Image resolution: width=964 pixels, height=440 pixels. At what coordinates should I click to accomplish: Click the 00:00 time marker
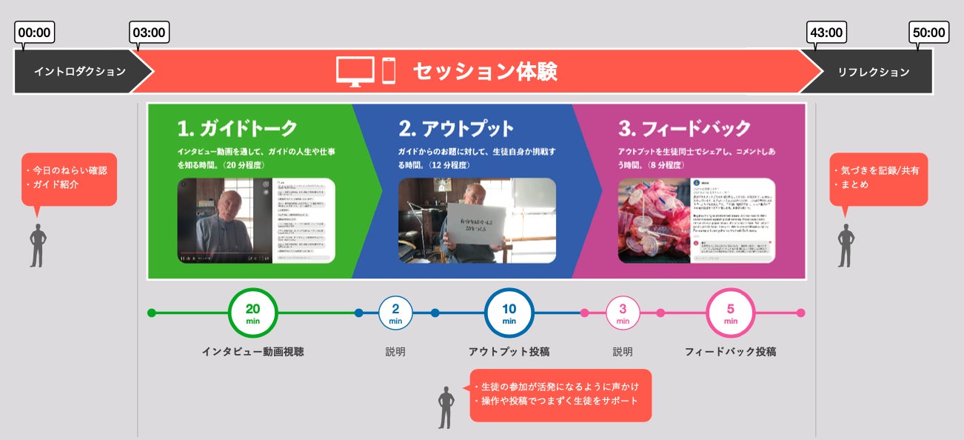click(x=35, y=33)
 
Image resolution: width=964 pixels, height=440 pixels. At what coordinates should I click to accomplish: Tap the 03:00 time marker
click(x=150, y=33)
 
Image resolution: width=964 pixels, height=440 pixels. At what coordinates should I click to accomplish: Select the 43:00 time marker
click(x=826, y=33)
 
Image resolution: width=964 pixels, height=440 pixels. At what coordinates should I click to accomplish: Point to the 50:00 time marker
click(x=928, y=33)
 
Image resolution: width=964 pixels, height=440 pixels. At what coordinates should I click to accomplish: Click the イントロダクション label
click(x=80, y=72)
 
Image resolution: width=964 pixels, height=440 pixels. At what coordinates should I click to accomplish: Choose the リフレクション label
click(x=874, y=72)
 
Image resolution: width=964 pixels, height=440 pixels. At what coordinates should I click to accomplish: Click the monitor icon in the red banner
click(x=355, y=71)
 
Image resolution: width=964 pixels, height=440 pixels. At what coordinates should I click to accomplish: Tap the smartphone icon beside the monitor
click(x=389, y=71)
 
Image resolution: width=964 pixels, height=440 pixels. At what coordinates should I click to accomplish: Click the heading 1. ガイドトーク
click(x=237, y=128)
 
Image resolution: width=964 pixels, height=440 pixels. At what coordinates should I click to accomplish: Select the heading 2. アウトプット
click(x=456, y=128)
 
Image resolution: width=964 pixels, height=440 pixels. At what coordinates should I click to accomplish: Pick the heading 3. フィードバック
click(x=684, y=128)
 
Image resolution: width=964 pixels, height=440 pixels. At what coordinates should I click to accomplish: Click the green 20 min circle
click(x=252, y=313)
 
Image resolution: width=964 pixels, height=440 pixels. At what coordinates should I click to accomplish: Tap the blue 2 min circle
click(x=395, y=313)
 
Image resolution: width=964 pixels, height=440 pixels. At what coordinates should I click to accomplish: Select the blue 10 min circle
click(x=509, y=313)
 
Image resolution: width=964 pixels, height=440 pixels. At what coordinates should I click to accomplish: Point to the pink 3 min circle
click(x=623, y=313)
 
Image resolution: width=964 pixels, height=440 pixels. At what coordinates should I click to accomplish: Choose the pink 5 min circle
click(x=731, y=313)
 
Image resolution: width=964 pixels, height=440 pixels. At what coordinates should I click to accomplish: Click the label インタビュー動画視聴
click(x=252, y=352)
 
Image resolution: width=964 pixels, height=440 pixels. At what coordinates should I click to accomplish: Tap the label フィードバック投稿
click(x=731, y=352)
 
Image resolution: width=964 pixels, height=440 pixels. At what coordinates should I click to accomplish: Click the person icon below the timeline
click(x=446, y=407)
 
